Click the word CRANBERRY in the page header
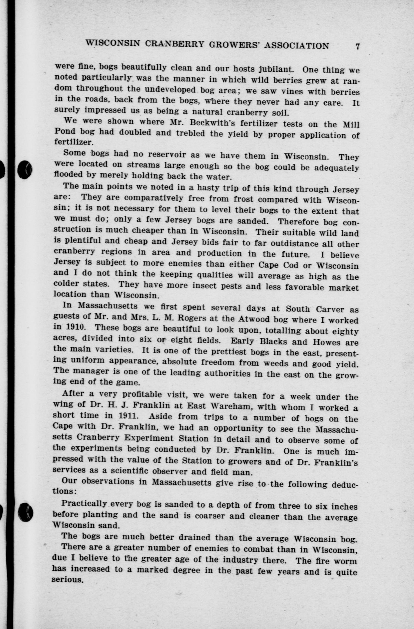coord(175,44)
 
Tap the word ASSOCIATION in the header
coord(296,45)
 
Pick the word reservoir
coord(166,154)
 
